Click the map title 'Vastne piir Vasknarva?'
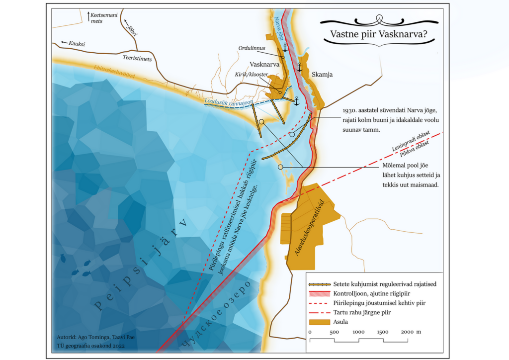(x=378, y=35)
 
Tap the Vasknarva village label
(x=266, y=65)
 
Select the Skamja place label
(x=322, y=75)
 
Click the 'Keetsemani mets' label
(x=104, y=18)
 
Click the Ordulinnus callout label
(x=252, y=48)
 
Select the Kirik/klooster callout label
(x=249, y=74)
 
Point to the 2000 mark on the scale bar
(x=407, y=332)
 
